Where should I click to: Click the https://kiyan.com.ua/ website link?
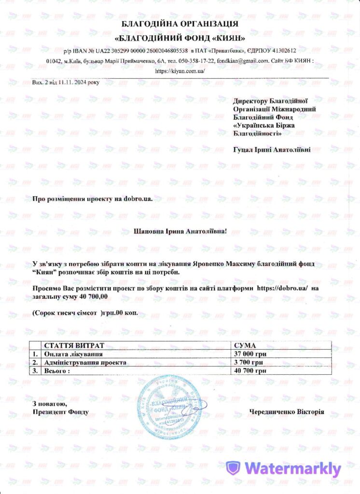pyautogui.click(x=180, y=71)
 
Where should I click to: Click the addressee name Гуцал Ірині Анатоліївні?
pyautogui.click(x=272, y=150)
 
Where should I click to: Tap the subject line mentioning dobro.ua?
pyautogui.click(x=89, y=199)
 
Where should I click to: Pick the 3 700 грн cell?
pyautogui.click(x=248, y=362)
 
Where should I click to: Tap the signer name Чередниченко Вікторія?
pyautogui.click(x=287, y=412)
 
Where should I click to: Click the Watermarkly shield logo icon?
pyautogui.click(x=234, y=468)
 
